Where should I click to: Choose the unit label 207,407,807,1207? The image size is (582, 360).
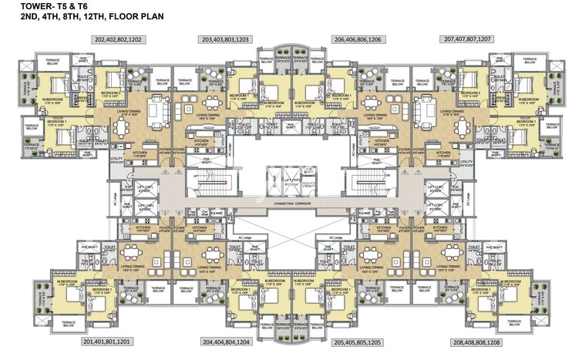point(467,39)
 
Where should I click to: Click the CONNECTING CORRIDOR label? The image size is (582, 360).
point(291,207)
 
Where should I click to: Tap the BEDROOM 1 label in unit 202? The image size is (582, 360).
point(55,122)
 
